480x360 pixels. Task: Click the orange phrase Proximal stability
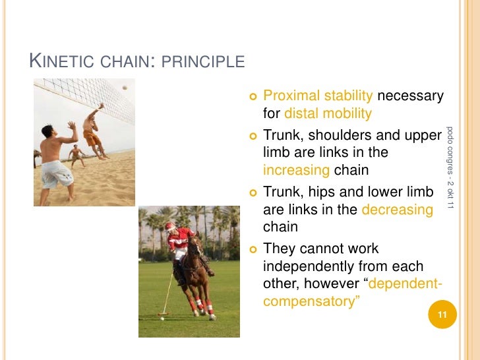318,96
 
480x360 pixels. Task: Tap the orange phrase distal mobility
328,113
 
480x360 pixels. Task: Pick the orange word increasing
296,170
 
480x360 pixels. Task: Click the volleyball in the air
124,88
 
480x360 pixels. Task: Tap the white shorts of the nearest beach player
57,173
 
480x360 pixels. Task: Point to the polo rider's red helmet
171,226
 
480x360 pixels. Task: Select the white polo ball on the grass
162,318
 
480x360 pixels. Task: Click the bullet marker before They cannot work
253,249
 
